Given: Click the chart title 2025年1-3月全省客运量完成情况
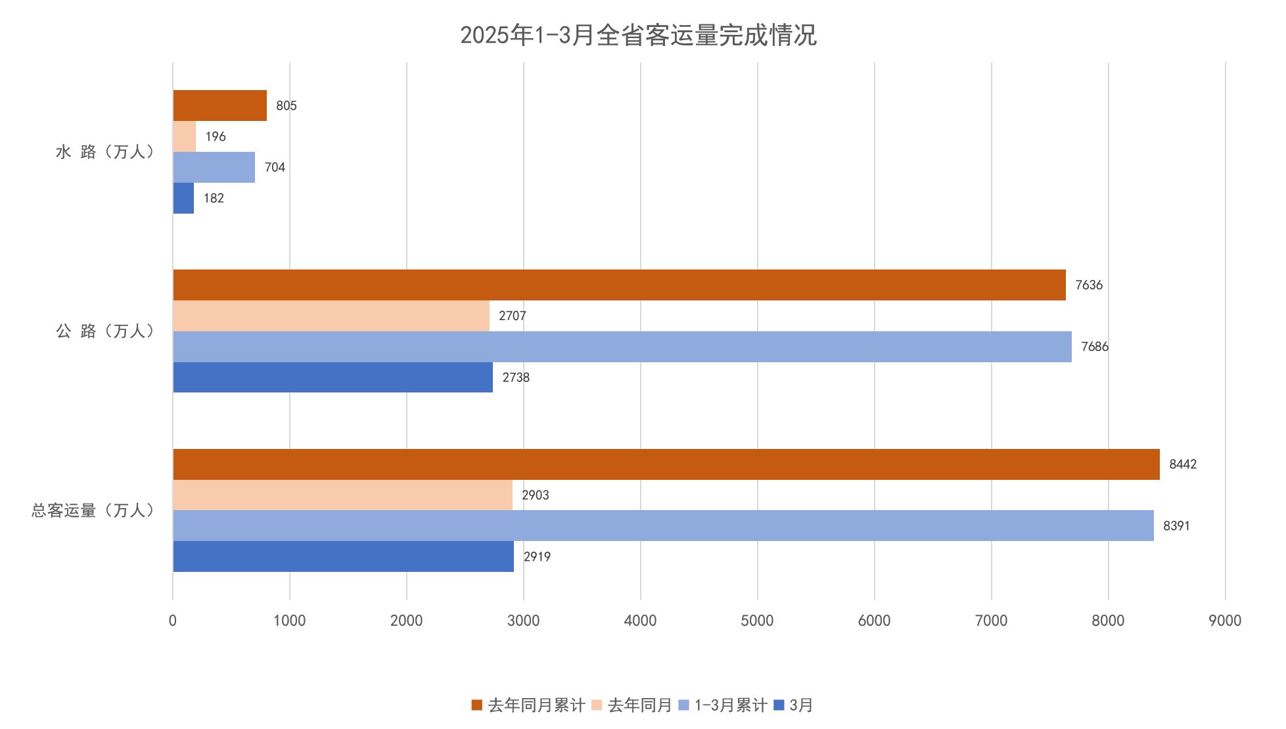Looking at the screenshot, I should coord(638,35).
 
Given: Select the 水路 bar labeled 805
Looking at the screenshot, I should coord(219,106).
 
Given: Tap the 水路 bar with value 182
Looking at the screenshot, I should coord(183,199).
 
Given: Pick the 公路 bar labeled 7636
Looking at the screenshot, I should coord(619,285).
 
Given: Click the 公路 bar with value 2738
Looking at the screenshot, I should coord(333,377).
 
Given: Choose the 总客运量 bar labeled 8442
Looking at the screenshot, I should coord(666,465).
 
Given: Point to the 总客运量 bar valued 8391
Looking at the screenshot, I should coord(663,526).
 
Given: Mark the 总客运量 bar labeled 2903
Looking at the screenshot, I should coord(342,495).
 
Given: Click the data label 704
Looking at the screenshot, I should coord(275,168).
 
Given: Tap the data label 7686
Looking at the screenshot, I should coord(1094,346).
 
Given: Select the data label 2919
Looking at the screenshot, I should coord(537,557).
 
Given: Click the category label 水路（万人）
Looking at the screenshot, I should coord(106,153).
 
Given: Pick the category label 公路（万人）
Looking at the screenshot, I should coord(106,331).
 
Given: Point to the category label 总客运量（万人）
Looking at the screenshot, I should coord(93,511).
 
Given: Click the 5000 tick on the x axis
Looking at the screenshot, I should coord(757,621).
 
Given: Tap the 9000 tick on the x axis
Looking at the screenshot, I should coord(1225,621).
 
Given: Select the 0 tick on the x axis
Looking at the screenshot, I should coord(173,621).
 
